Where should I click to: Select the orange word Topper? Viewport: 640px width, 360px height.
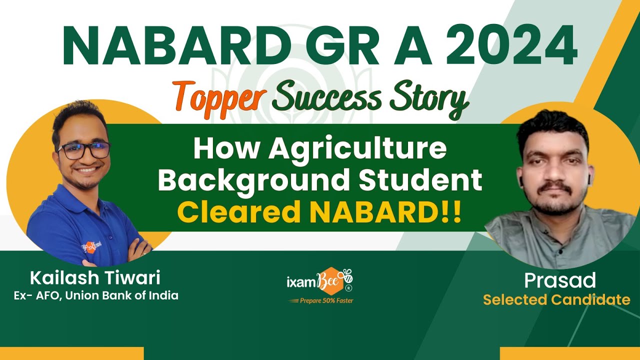(x=218, y=98)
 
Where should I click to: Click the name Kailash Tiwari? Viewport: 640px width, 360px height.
(x=95, y=277)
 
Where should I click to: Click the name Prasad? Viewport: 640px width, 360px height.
(x=559, y=280)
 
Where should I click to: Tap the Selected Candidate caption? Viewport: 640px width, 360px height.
(x=556, y=300)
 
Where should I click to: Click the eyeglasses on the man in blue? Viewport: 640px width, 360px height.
(x=83, y=150)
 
